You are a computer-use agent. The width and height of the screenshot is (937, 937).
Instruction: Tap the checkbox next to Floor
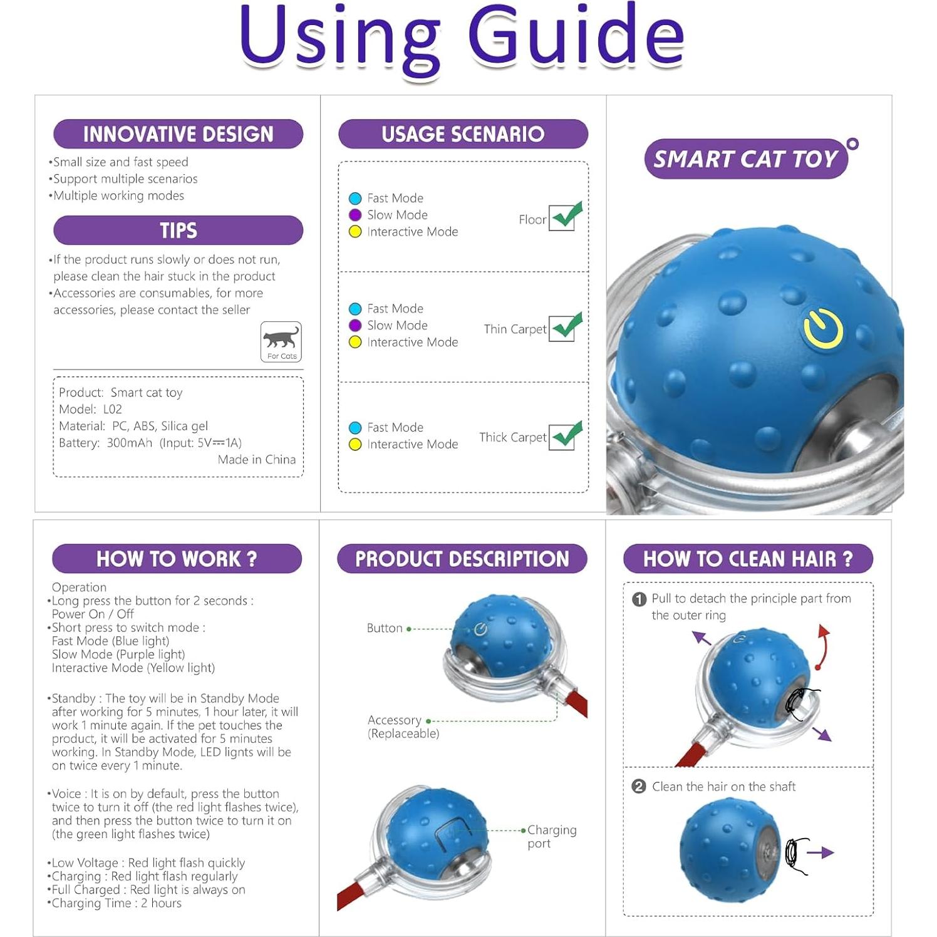562,218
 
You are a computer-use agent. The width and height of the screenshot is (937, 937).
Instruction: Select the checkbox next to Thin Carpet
562,328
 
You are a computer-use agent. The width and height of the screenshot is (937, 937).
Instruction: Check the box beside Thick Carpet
562,437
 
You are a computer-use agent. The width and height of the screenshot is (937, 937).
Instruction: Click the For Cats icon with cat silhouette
281,341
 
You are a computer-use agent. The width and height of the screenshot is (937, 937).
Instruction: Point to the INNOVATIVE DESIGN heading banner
178,134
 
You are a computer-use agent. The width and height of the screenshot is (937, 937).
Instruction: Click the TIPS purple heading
178,230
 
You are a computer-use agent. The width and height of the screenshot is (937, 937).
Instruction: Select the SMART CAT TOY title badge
745,159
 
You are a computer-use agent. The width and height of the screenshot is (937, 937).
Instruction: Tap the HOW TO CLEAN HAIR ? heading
748,559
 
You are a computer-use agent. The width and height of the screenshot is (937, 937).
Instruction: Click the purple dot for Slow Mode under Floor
355,215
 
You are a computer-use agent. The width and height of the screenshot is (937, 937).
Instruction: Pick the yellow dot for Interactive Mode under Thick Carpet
355,444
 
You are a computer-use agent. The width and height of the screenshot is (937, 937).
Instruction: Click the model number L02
112,409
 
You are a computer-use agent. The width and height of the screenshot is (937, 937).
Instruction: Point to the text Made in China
256,460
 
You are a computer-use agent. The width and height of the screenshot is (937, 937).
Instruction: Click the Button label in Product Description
385,628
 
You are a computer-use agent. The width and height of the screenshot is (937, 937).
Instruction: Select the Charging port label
551,836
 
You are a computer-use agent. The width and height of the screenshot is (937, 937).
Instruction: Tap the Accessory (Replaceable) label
403,727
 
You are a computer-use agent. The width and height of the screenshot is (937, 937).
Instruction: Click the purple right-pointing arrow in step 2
820,852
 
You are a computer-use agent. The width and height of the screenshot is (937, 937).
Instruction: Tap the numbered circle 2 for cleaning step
639,787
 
